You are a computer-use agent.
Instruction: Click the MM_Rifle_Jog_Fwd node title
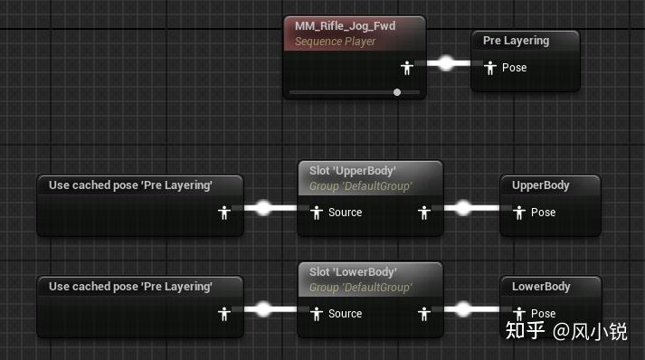click(346, 26)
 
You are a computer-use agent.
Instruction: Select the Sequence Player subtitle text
click(336, 42)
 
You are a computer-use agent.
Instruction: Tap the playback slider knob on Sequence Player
click(397, 92)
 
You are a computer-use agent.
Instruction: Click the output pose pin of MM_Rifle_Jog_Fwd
click(407, 68)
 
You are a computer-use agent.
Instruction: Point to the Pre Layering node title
click(516, 41)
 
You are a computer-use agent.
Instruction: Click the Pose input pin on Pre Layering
click(490, 68)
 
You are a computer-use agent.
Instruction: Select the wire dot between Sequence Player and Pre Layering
click(446, 63)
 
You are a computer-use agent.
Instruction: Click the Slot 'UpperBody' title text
click(353, 171)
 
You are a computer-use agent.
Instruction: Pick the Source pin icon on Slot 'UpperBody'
click(317, 213)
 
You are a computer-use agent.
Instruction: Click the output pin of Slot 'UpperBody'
click(424, 213)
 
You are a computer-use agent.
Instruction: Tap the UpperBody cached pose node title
click(541, 185)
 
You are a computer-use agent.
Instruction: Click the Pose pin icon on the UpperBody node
click(519, 213)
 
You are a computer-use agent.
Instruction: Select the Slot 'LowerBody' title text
click(353, 272)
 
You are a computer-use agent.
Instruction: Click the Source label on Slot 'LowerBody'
click(346, 314)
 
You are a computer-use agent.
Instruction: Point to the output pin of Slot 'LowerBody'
click(424, 315)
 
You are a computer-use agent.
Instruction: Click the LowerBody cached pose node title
click(541, 287)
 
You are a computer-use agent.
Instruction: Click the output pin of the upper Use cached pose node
click(224, 213)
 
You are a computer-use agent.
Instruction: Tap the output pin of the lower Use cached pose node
click(224, 315)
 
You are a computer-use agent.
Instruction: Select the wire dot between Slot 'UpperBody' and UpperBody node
click(463, 208)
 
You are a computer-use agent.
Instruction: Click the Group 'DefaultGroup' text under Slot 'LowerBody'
click(360, 288)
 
